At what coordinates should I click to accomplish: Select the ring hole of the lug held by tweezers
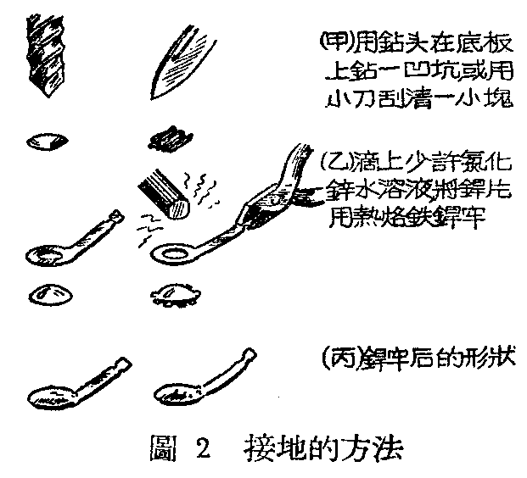click(173, 253)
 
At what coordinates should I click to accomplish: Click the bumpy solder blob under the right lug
click(173, 295)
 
